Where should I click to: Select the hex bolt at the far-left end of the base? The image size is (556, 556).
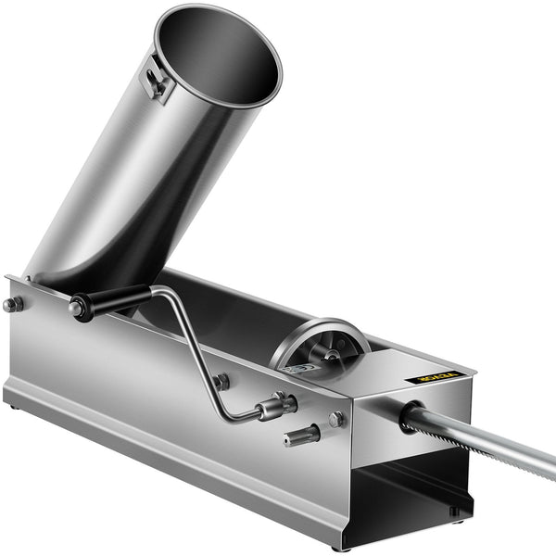pos(12,304)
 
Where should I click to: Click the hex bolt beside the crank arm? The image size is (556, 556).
pos(221,381)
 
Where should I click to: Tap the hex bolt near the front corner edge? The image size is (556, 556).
pos(336,419)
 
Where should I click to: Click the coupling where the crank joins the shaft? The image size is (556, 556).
pos(276,406)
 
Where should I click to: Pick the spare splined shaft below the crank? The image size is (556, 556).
pos(302,435)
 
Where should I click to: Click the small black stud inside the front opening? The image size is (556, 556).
pos(453,510)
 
